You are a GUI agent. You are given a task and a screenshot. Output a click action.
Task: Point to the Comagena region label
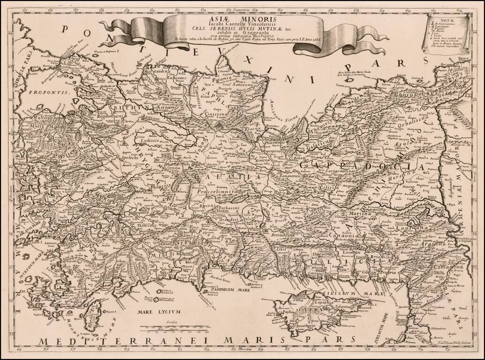(x=446, y=266)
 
